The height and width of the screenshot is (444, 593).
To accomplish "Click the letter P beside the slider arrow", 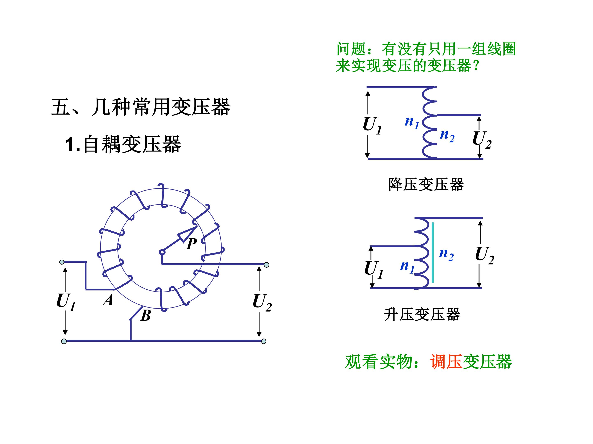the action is point(192,244).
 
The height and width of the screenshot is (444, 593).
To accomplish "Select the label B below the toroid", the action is point(146,316).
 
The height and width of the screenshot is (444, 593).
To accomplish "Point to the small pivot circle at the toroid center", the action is point(162,252).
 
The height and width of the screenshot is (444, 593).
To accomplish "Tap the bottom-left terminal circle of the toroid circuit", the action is point(64,341).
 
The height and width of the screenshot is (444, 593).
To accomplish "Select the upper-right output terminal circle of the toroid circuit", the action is point(266,265).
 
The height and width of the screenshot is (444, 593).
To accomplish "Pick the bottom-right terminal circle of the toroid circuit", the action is point(264,341).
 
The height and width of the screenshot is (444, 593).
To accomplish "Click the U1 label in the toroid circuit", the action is point(66,302).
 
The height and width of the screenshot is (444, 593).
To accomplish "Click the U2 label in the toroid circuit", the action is point(262,302).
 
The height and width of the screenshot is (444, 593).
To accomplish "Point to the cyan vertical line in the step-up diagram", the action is point(433,252).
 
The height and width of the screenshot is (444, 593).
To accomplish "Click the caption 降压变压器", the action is point(426,184).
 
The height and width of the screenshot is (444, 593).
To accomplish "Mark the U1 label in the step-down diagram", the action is point(372,126).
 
